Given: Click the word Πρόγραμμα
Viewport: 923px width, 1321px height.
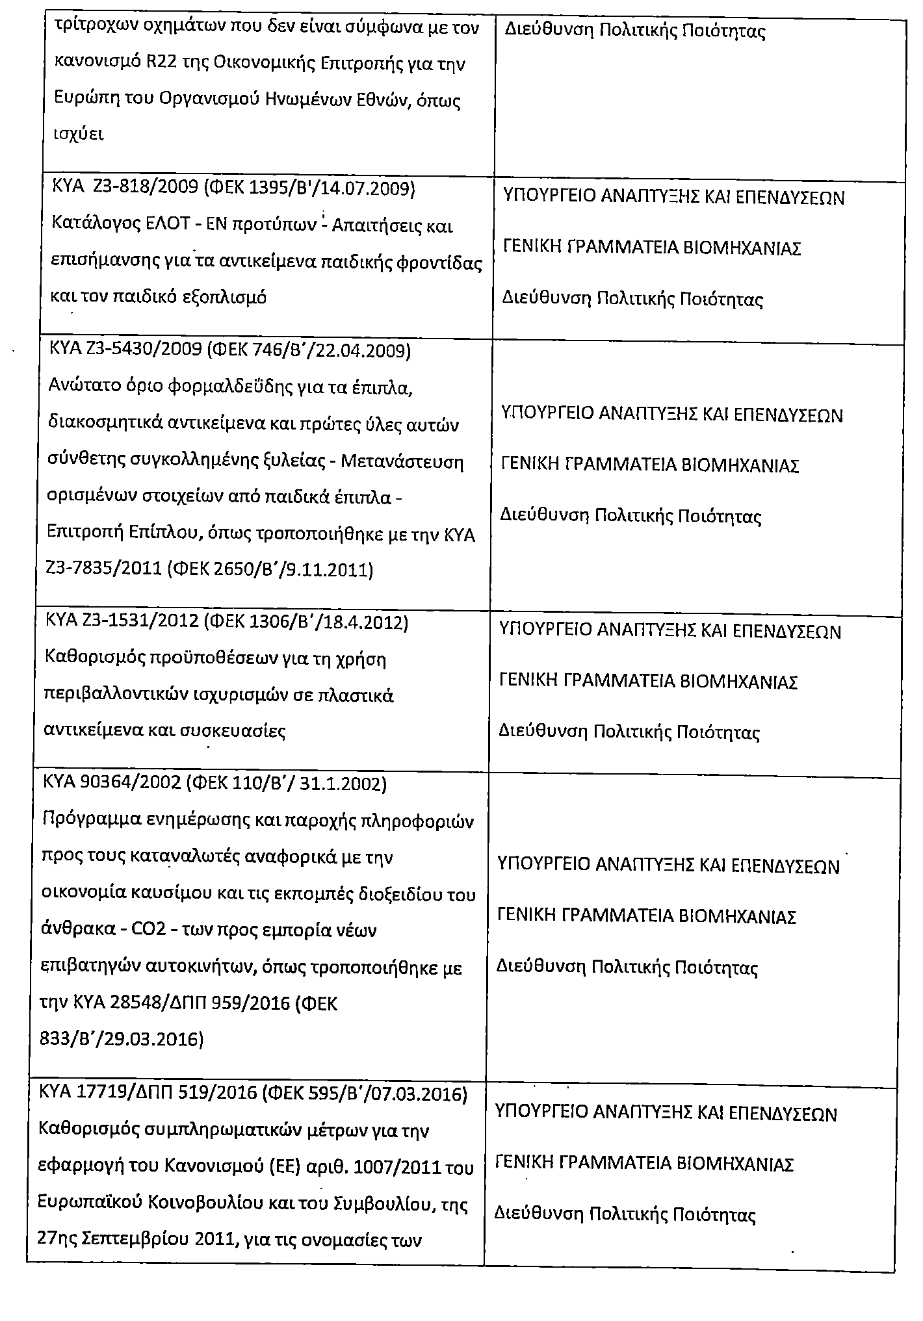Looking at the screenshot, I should click(x=86, y=821).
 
